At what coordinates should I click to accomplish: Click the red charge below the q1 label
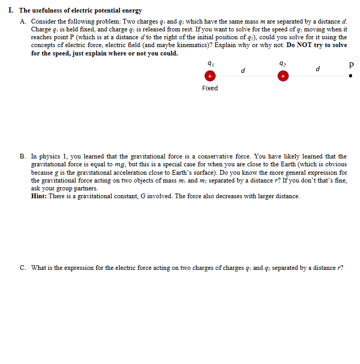click(210, 76)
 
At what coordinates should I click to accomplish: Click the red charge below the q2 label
click(283, 76)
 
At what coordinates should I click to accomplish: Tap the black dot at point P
click(351, 76)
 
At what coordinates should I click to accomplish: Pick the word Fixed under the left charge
click(210, 88)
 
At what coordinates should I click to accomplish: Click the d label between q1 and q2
click(243, 70)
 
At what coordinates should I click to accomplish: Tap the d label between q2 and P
click(318, 70)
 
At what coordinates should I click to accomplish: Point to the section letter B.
click(23, 156)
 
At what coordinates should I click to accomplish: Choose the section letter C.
click(23, 268)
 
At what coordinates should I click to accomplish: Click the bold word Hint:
click(40, 196)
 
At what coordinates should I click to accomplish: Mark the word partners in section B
click(85, 188)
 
